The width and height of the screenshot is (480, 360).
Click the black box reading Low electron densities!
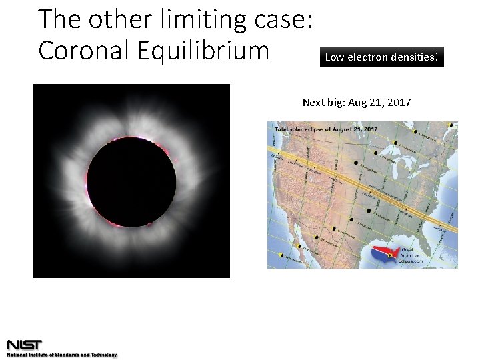(381, 57)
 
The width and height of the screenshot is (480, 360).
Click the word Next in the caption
(314, 102)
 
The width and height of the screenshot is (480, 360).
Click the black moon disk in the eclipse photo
(131, 181)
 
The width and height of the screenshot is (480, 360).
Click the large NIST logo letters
(25, 345)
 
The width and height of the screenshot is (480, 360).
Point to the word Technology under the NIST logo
(104, 355)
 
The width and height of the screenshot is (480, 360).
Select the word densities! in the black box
(416, 57)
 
